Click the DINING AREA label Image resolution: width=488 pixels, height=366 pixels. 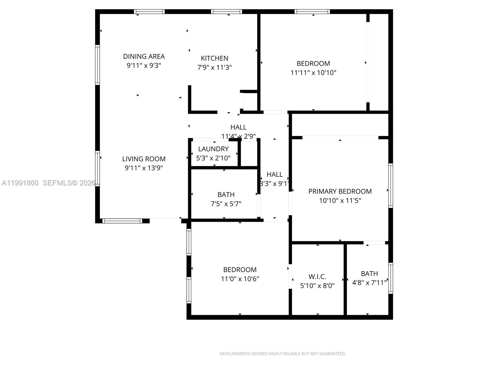[x=144, y=56]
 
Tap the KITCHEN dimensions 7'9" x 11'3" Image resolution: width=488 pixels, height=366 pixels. [x=214, y=67]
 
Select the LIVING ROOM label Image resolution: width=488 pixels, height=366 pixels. [x=144, y=159]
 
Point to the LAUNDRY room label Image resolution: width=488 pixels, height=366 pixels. [x=213, y=149]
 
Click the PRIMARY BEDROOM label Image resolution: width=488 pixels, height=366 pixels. [x=340, y=191]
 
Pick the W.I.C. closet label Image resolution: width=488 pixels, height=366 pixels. [x=317, y=277]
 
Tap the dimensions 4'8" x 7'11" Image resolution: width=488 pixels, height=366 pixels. [x=369, y=283]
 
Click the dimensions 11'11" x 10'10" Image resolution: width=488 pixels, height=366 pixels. [x=313, y=73]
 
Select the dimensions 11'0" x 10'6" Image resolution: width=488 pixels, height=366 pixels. [x=240, y=279]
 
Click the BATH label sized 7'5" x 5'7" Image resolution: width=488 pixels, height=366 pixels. [x=226, y=195]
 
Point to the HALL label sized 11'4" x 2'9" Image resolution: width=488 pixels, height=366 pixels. [x=238, y=127]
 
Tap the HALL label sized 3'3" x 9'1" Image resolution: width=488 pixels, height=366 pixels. [x=274, y=174]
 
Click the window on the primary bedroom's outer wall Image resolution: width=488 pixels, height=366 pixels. [x=390, y=185]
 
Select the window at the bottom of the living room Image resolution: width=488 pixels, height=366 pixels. [x=122, y=221]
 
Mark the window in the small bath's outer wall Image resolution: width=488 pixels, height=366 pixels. [x=390, y=278]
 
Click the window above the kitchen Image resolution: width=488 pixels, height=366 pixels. [x=226, y=12]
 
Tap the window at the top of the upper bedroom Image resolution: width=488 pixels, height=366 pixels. [x=312, y=12]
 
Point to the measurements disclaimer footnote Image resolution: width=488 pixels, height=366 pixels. [x=282, y=354]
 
